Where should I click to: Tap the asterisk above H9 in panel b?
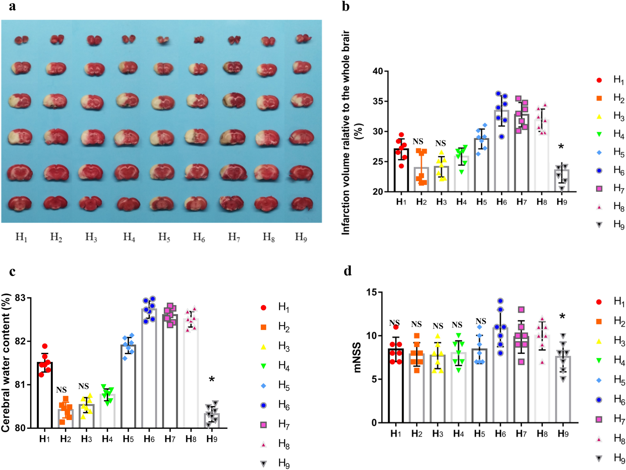pyautogui.click(x=561, y=146)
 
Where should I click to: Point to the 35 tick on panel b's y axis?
pyautogui.click(x=378, y=101)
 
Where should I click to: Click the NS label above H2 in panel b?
pyautogui.click(x=418, y=142)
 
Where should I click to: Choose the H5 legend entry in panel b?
pyautogui.click(x=611, y=152)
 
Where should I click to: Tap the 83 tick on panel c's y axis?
pyautogui.click(x=20, y=298)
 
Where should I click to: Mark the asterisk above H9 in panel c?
pyautogui.click(x=212, y=380)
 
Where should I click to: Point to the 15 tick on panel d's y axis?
pyautogui.click(x=371, y=292)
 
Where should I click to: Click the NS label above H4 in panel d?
pyautogui.click(x=457, y=325)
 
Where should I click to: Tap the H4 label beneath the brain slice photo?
pyautogui.click(x=129, y=237)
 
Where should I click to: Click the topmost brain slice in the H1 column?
pyautogui.click(x=21, y=40)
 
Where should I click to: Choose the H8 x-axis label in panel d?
pyautogui.click(x=542, y=434)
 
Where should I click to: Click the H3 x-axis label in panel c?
pyautogui.click(x=86, y=439)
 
